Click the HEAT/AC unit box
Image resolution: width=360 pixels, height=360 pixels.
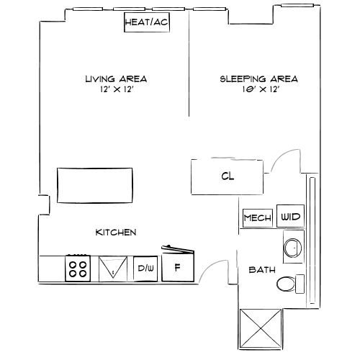coord(147,22)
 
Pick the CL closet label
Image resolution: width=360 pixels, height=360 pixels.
coord(227,176)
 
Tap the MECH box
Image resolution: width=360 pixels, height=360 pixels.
coord(257,217)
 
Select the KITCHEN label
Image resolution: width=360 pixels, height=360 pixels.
coord(116,233)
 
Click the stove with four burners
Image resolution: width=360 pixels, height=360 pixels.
coord(78,269)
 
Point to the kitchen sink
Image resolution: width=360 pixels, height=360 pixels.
coord(112,269)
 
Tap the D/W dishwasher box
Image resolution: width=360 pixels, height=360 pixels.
coord(146,269)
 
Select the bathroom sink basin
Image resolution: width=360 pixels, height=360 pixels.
coord(293,248)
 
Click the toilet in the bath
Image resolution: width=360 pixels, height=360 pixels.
coord(289,284)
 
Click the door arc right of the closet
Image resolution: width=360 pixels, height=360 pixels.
coord(284,160)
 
